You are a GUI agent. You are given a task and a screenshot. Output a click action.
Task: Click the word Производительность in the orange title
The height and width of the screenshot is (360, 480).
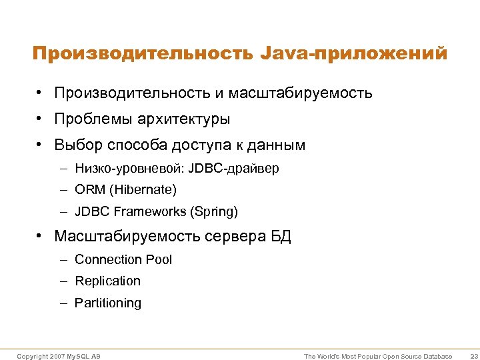[139, 54]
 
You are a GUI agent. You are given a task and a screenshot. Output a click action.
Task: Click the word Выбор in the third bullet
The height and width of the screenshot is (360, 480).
[75, 145]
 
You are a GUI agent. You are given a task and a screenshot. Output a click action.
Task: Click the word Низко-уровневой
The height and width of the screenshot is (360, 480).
[129, 169]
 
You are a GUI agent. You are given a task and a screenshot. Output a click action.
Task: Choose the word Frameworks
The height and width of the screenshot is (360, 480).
[151, 212]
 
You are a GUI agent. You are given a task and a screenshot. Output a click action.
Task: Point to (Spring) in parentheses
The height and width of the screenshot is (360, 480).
[214, 212]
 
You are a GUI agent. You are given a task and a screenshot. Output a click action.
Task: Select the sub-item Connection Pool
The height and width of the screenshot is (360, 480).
[123, 259]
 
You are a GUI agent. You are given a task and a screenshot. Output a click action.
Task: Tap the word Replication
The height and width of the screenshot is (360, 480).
[107, 281]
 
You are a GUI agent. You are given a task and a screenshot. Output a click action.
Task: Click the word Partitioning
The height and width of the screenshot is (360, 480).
[108, 303]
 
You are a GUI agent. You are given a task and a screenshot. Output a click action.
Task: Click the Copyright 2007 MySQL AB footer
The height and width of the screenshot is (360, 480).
[59, 357]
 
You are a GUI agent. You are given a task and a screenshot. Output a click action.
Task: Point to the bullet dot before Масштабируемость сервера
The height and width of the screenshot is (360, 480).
[41, 237]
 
